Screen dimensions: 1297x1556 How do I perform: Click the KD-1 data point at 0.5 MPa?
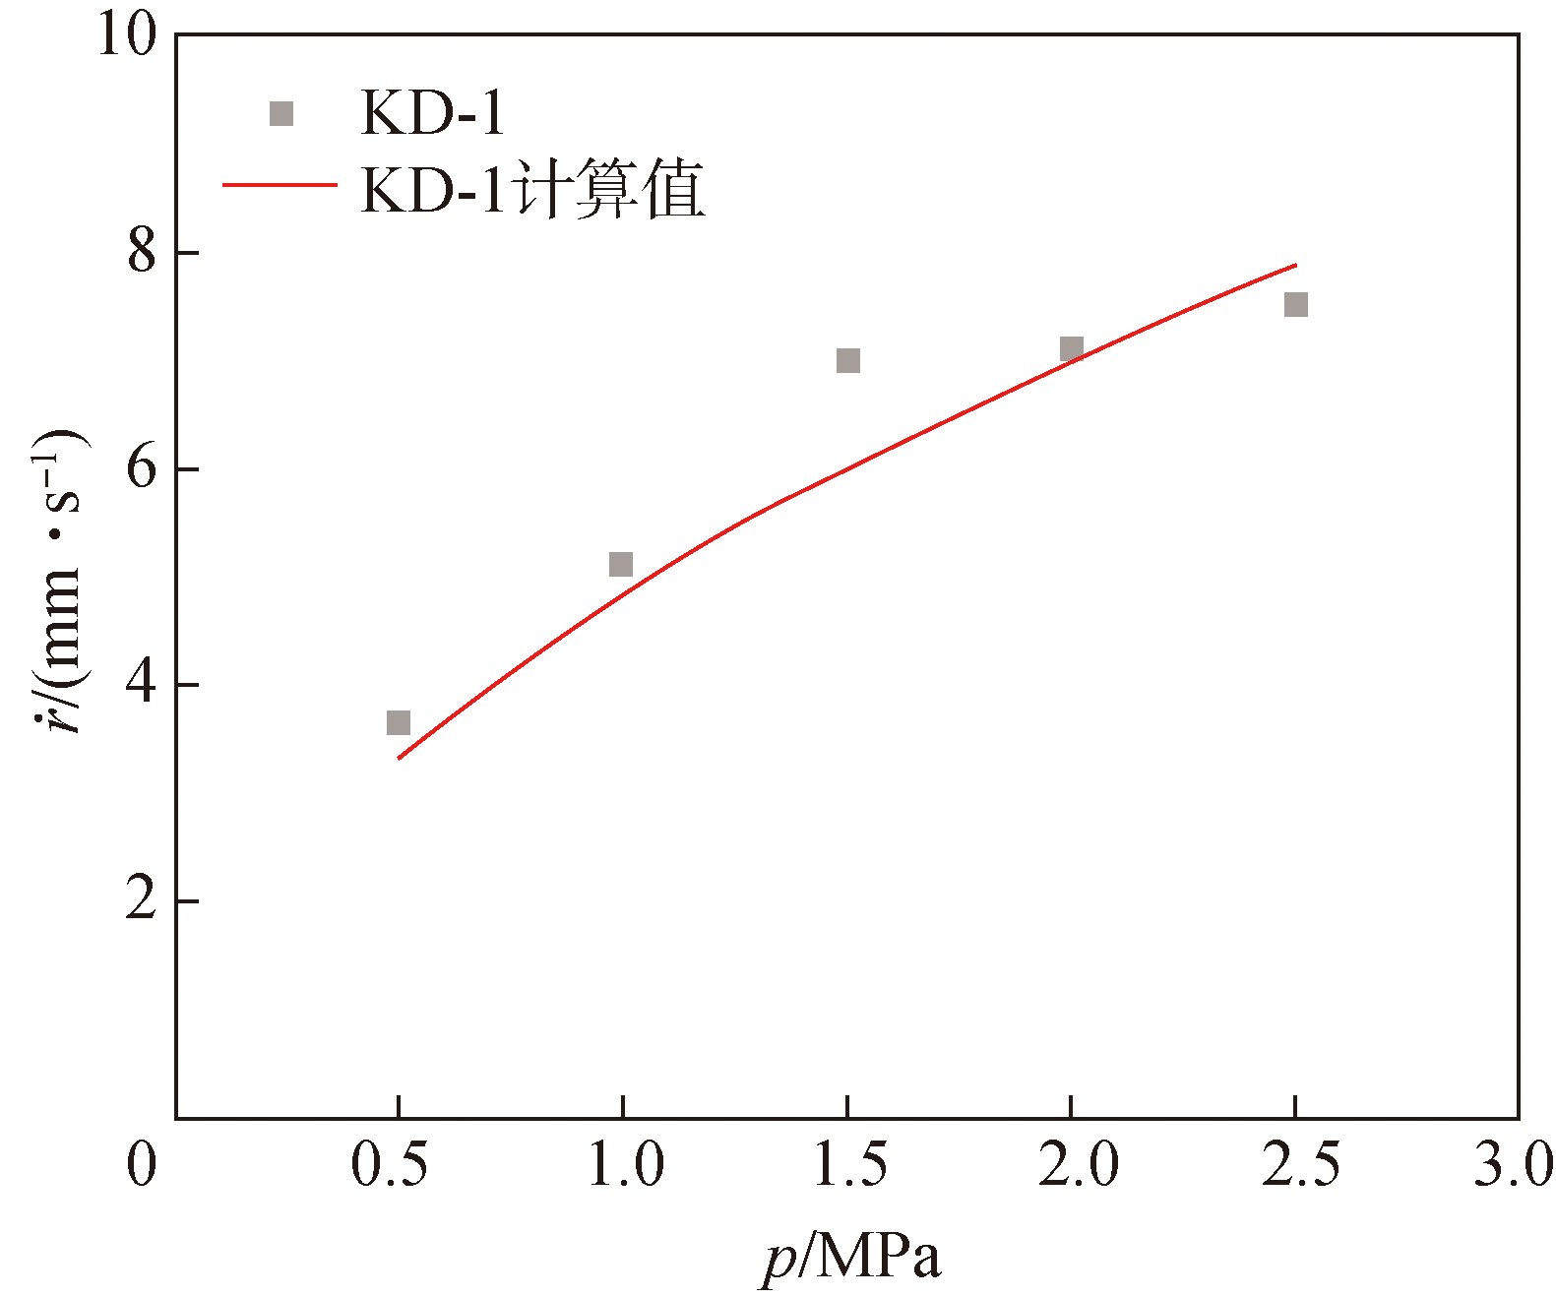coord(398,723)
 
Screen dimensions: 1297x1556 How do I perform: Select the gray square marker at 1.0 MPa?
coord(621,564)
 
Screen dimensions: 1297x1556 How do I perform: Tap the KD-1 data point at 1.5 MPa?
coord(847,360)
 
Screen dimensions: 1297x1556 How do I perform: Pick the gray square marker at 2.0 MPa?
coord(1071,348)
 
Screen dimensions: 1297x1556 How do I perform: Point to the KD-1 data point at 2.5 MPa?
coord(1295,304)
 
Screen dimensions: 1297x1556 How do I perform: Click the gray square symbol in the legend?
coord(281,114)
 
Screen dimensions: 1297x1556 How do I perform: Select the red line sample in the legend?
coord(280,186)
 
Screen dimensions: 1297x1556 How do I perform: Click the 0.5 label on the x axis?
coord(390,1165)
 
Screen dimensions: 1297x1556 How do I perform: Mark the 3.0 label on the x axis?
coord(1513,1165)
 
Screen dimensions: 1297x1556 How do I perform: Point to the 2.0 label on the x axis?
coord(1079,1165)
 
